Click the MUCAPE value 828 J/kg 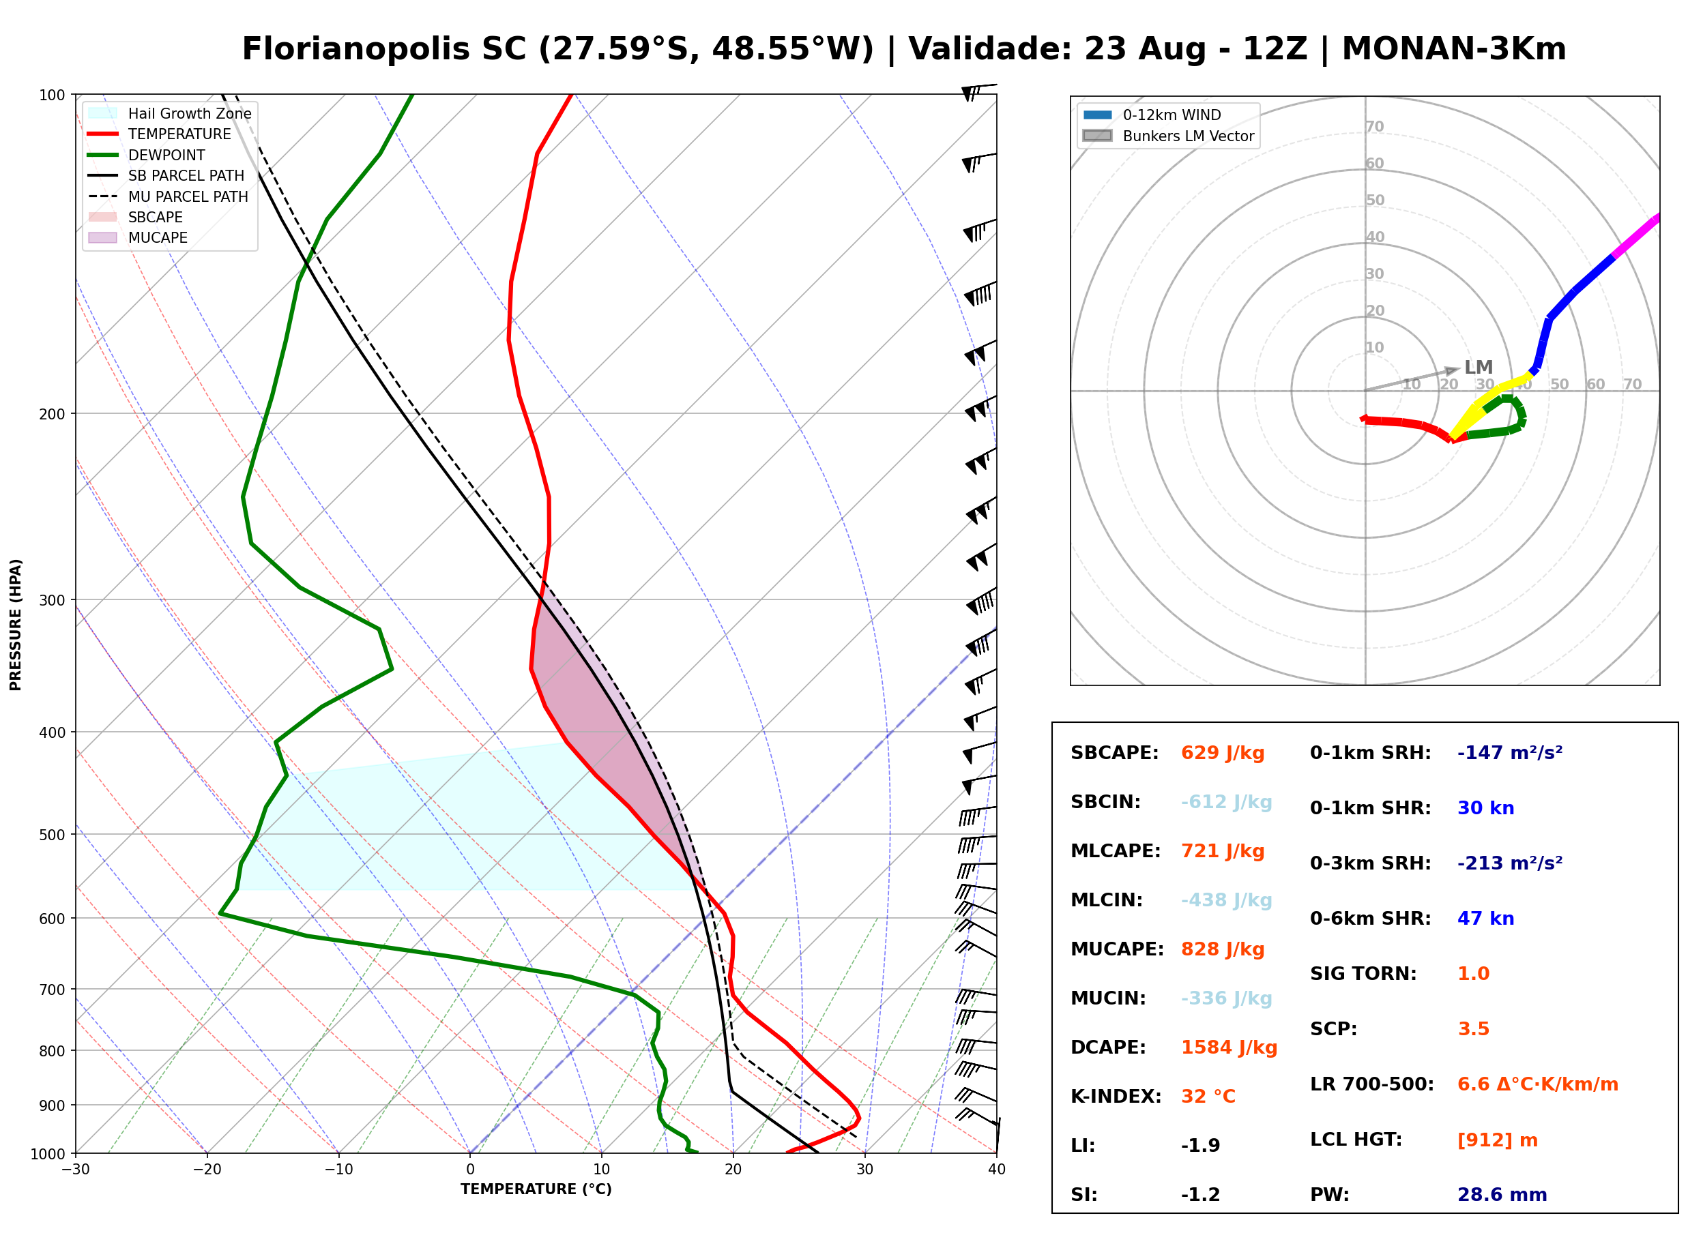click(x=1222, y=949)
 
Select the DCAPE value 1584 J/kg click(x=1229, y=1047)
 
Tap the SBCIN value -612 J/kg click(x=1225, y=801)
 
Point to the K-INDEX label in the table click(x=1116, y=1096)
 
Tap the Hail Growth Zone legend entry click(x=170, y=113)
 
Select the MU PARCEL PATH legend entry click(x=169, y=196)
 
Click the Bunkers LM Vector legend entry click(x=1169, y=136)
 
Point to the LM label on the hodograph click(x=1478, y=367)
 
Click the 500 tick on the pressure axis click(x=51, y=835)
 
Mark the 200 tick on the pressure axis click(x=51, y=414)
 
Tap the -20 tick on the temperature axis click(x=206, y=1170)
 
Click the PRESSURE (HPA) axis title click(x=16, y=625)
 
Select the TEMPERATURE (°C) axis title click(x=536, y=1189)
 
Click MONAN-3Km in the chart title click(x=1454, y=49)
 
